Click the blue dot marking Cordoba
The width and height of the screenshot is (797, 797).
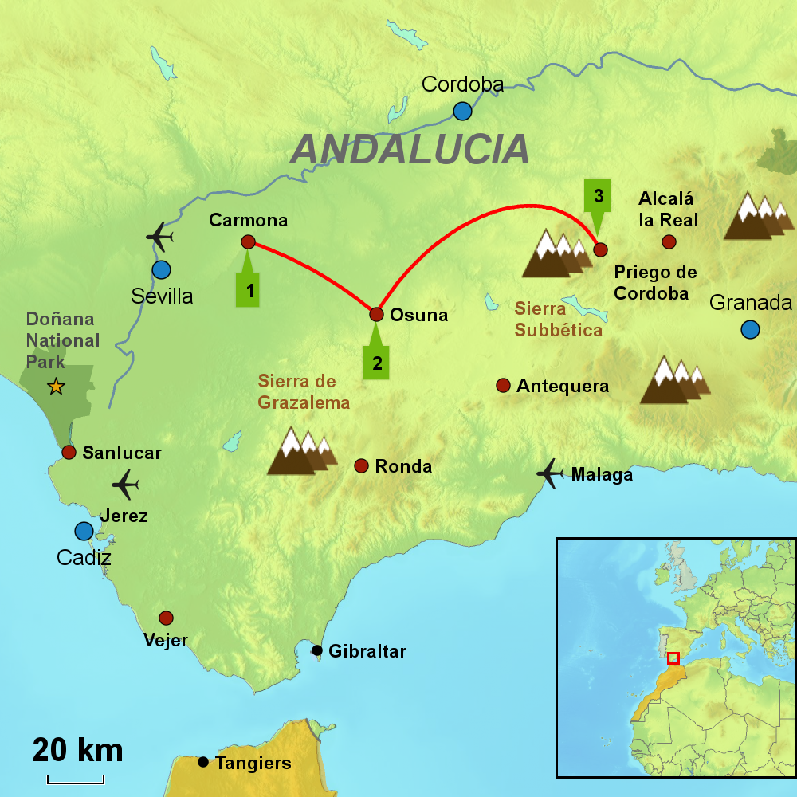(462, 111)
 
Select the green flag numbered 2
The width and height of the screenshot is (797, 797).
(377, 362)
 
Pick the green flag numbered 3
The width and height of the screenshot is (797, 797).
(599, 196)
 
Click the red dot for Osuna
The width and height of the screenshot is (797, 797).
(377, 314)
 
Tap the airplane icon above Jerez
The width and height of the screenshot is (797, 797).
(125, 483)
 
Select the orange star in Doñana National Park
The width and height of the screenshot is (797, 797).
(56, 387)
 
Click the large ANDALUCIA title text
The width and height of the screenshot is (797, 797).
(410, 149)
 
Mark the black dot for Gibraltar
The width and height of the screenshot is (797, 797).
(317, 650)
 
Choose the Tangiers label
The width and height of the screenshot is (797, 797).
(253, 763)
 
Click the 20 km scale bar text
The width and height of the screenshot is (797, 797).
(77, 750)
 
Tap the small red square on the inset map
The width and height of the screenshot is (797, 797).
(673, 658)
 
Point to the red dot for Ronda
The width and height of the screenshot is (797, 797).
(360, 465)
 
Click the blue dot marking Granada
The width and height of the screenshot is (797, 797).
(749, 329)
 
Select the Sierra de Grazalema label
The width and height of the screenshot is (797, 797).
(304, 392)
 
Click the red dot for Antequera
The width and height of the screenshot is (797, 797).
(503, 386)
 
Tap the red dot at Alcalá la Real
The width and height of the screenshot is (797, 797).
(669, 241)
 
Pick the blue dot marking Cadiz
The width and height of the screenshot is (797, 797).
(84, 531)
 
